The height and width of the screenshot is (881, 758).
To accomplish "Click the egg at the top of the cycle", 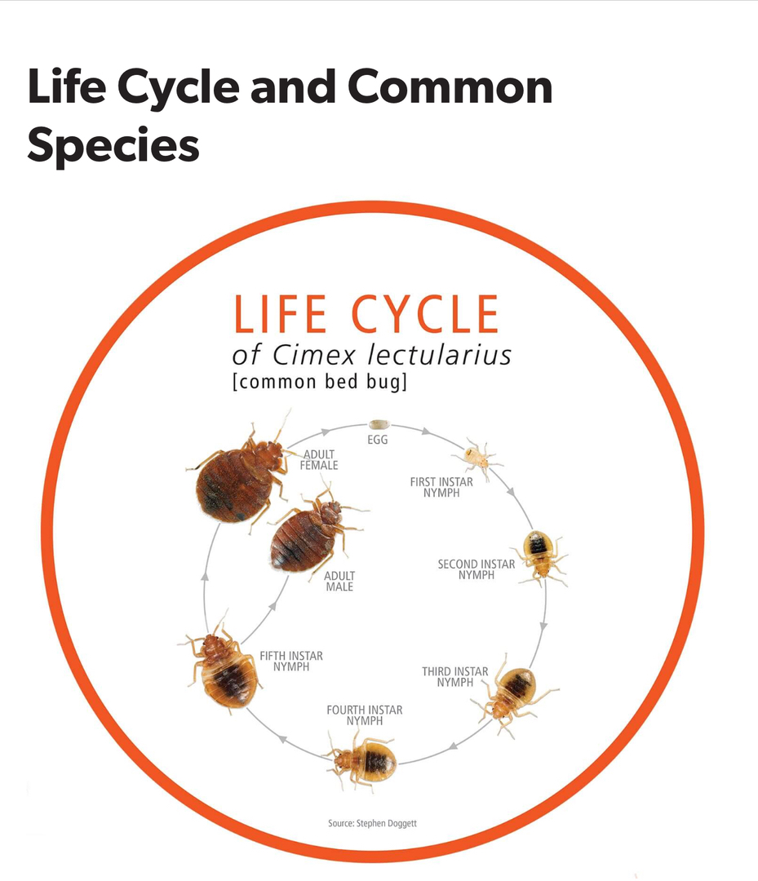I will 379,424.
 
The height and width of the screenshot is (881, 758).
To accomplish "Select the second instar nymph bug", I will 540,556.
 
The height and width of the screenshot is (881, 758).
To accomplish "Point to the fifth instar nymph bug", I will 223,665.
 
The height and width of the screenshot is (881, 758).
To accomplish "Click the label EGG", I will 378,440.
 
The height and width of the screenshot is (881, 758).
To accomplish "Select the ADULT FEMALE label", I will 318,460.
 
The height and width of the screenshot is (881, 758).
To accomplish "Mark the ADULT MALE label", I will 339,581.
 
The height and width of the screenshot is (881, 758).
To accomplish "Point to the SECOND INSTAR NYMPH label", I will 477,569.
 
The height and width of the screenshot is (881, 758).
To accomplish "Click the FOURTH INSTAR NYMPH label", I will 364,715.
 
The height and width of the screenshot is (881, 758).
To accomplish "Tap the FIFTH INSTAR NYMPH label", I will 291,661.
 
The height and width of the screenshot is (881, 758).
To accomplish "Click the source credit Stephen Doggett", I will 372,824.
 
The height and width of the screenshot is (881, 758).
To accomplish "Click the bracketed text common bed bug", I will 319,382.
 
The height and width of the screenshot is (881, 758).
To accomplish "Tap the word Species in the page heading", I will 113,145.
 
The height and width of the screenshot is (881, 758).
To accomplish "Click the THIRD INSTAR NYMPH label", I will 455,677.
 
